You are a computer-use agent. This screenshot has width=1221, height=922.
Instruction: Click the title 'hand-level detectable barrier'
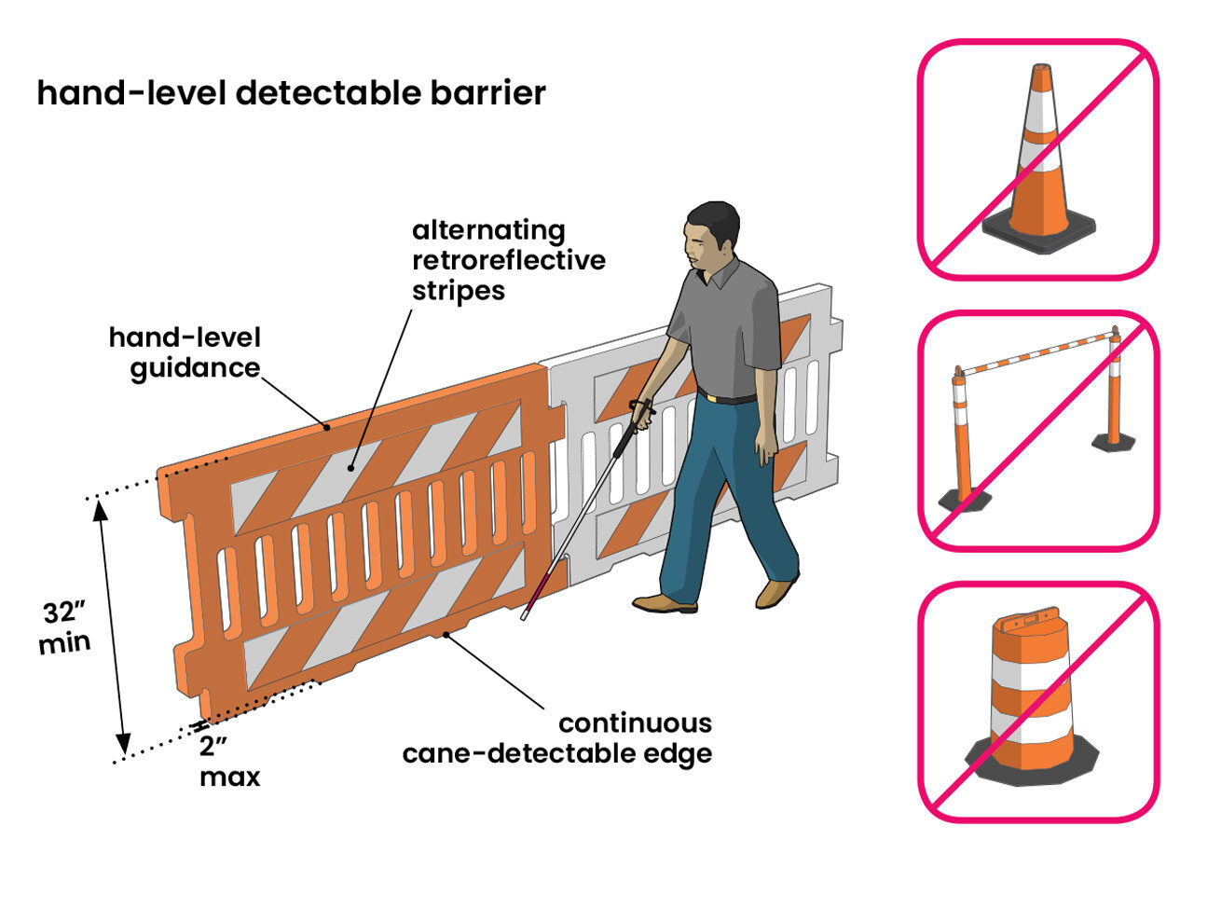(x=291, y=93)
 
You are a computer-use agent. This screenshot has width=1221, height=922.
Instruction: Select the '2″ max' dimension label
(x=228, y=761)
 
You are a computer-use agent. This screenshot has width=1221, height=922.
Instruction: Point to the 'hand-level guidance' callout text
(x=185, y=352)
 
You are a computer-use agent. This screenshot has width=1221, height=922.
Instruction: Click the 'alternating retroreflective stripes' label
(x=508, y=260)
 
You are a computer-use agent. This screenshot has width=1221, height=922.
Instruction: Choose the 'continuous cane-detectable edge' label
(x=557, y=738)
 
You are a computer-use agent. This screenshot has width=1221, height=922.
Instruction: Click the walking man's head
(x=711, y=233)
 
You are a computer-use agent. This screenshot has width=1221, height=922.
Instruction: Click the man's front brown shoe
(x=665, y=603)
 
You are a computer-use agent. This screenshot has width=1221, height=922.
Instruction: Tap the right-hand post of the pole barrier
(x=1114, y=392)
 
